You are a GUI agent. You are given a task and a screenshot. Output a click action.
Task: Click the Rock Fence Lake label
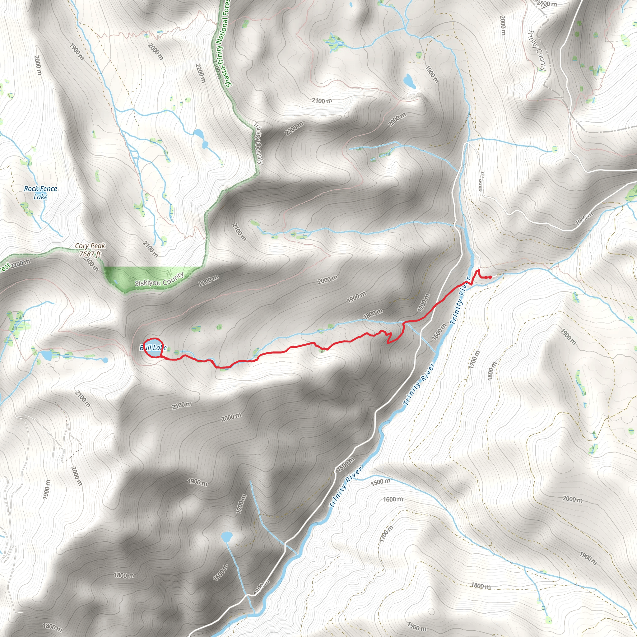tap(40, 193)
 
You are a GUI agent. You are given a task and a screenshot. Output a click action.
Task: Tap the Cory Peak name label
tap(90, 246)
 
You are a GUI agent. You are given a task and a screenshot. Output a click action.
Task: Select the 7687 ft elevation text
tap(90, 254)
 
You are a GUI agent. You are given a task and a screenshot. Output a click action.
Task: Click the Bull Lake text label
tap(153, 347)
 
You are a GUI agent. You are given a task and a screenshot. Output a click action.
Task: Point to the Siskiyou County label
tap(159, 280)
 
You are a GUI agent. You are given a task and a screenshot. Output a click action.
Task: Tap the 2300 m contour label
tap(91, 263)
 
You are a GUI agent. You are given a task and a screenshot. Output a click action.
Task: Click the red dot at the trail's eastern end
tap(490, 277)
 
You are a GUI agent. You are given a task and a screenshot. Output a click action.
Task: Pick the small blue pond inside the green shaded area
tap(115, 282)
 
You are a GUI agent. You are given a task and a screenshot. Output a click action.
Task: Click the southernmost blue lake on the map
tap(226, 537)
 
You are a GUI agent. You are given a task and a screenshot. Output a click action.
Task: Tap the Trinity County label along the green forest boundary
tap(258, 143)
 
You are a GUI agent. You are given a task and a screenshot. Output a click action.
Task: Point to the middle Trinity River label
tap(419, 384)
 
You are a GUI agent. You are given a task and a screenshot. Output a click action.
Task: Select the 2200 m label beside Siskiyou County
tap(208, 281)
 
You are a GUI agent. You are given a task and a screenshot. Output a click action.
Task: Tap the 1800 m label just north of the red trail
tap(373, 313)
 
